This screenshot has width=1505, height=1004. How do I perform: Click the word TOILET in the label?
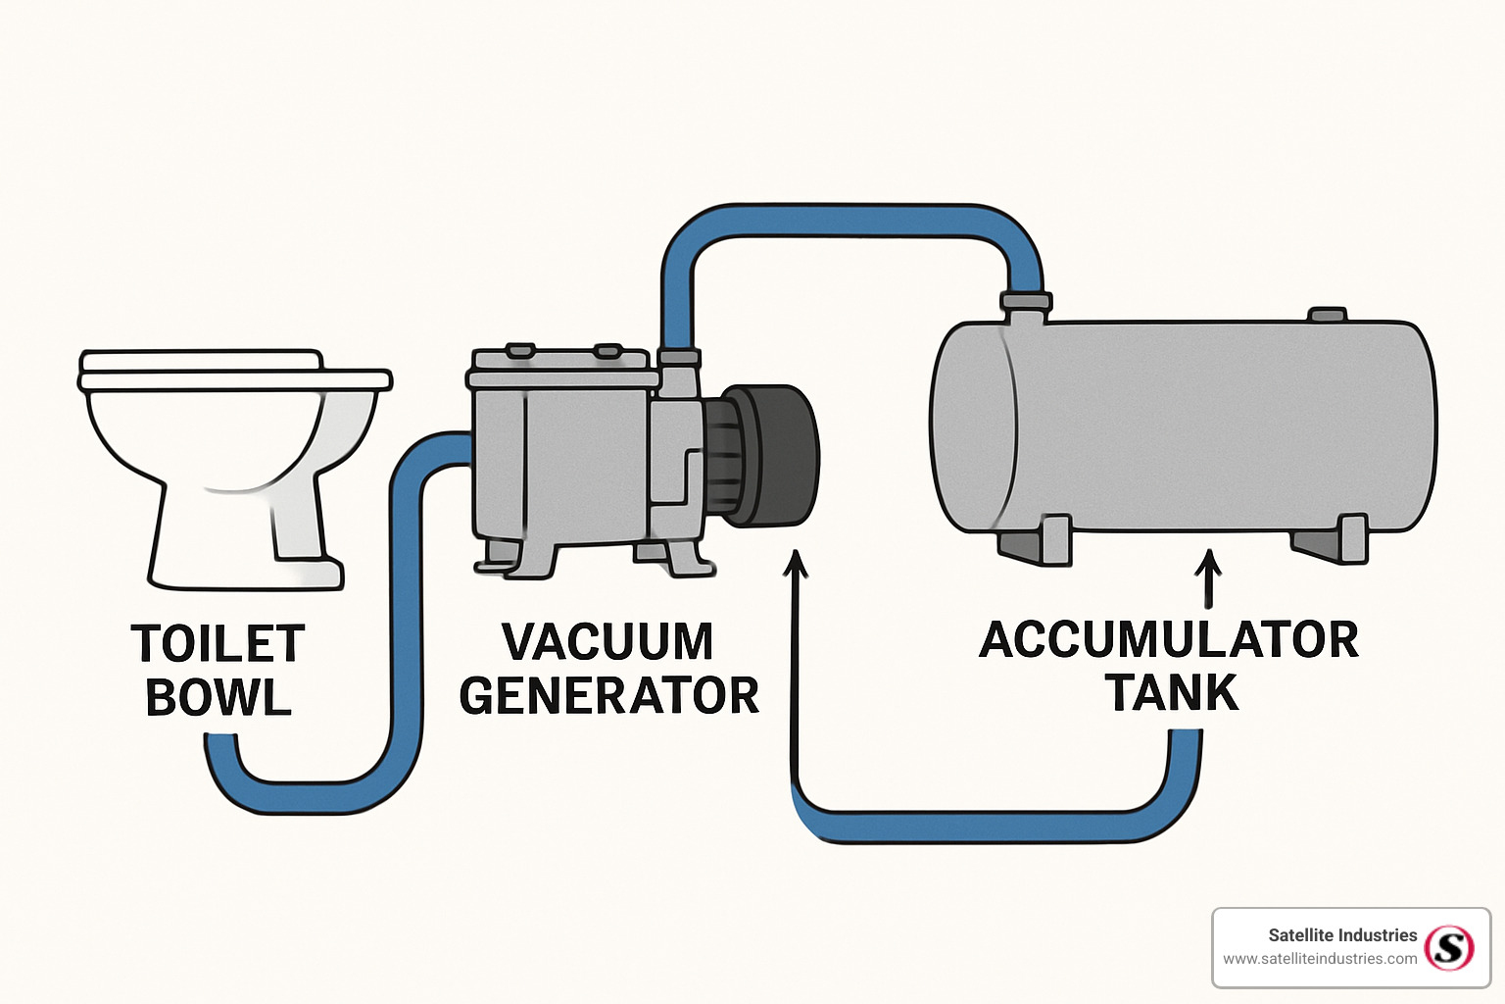click(218, 644)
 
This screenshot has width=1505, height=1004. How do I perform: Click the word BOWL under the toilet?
click(218, 698)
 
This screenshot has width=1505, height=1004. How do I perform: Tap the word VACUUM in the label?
click(607, 642)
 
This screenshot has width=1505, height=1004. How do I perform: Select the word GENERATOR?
click(608, 696)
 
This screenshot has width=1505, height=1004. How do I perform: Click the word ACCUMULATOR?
click(1169, 640)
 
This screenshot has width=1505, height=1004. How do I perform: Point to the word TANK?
click(1172, 693)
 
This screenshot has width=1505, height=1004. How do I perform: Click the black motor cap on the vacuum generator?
click(779, 455)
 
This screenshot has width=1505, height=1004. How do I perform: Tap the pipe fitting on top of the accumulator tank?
click(1025, 303)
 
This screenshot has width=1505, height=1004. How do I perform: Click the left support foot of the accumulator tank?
click(1039, 542)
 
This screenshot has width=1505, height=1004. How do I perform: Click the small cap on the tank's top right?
click(1328, 315)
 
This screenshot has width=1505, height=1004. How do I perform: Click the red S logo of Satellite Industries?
click(1449, 947)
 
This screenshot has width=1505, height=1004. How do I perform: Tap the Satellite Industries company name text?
click(1341, 935)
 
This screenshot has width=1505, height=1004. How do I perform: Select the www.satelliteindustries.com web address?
click(1320, 959)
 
